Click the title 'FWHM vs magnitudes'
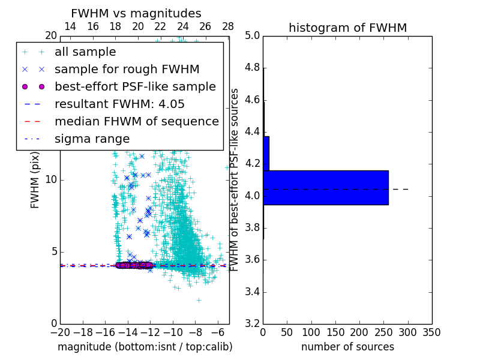[136, 13]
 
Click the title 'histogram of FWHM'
[347, 28]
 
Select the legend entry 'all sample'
[85, 52]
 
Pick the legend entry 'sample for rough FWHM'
[127, 69]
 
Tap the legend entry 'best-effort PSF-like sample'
[135, 86]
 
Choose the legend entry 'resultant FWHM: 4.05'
[119, 104]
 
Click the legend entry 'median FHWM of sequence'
[136, 121]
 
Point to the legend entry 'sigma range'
[92, 139]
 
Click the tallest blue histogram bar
[325, 187]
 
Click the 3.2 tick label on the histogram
[252, 324]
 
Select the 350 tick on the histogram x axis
[431, 332]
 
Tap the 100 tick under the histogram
[311, 332]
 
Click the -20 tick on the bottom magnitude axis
[60, 332]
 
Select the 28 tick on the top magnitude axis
[228, 26]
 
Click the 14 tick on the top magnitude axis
[70, 26]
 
